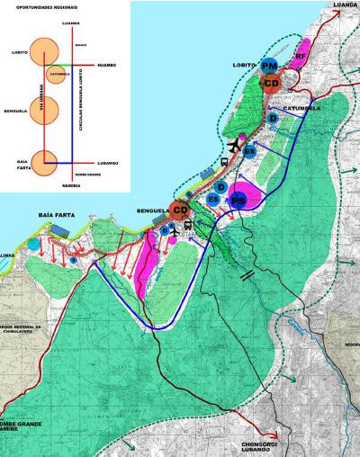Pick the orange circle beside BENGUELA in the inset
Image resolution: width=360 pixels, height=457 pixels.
pos(45,110)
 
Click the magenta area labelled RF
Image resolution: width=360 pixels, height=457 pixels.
pos(301,56)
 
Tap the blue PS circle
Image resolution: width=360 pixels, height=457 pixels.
pos(238,199)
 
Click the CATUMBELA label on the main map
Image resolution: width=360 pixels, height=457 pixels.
pos(303,109)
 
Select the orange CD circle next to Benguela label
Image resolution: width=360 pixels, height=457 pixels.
pos(181,211)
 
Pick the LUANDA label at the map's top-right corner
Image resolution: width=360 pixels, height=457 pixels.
pos(345,4)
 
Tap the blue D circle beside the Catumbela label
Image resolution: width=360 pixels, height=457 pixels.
pos(273,118)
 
